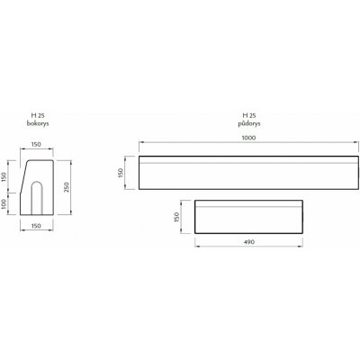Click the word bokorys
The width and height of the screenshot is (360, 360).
(x=38, y=123)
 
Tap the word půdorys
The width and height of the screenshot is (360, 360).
(x=249, y=123)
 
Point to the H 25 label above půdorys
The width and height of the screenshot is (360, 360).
(x=249, y=115)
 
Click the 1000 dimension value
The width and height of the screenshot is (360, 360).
(x=248, y=138)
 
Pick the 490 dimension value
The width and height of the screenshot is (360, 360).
(x=249, y=242)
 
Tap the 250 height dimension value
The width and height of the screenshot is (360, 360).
(x=67, y=187)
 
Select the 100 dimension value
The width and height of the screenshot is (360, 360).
(x=4, y=204)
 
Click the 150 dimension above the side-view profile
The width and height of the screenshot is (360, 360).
(x=36, y=144)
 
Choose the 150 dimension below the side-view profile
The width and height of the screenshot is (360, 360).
(x=36, y=226)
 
